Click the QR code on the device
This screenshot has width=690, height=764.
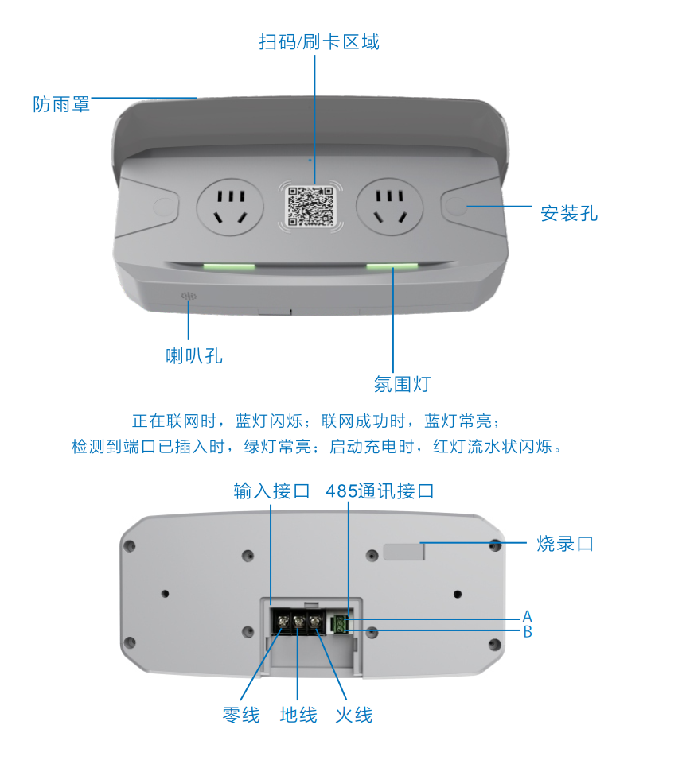(310, 207)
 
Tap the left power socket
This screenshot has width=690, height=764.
(230, 207)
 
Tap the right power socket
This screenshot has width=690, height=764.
(390, 207)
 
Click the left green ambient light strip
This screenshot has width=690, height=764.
(229, 266)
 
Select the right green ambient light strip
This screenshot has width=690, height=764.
(392, 266)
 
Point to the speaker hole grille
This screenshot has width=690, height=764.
(189, 296)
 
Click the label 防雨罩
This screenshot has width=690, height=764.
(61, 104)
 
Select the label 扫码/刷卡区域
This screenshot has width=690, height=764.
(319, 42)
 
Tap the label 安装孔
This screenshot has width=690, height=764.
(569, 213)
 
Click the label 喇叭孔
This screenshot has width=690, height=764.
(194, 355)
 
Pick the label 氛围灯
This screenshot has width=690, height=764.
(402, 384)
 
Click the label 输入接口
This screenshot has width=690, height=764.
(271, 491)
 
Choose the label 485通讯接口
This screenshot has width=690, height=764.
(380, 491)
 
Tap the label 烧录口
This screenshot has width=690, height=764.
(565, 543)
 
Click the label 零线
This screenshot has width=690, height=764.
(241, 715)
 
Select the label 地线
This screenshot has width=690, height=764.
(298, 715)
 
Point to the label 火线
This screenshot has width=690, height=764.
(354, 715)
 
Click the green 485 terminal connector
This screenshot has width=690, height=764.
(339, 624)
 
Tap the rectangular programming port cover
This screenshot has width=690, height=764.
(403, 552)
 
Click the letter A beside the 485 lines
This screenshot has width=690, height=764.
(527, 616)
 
